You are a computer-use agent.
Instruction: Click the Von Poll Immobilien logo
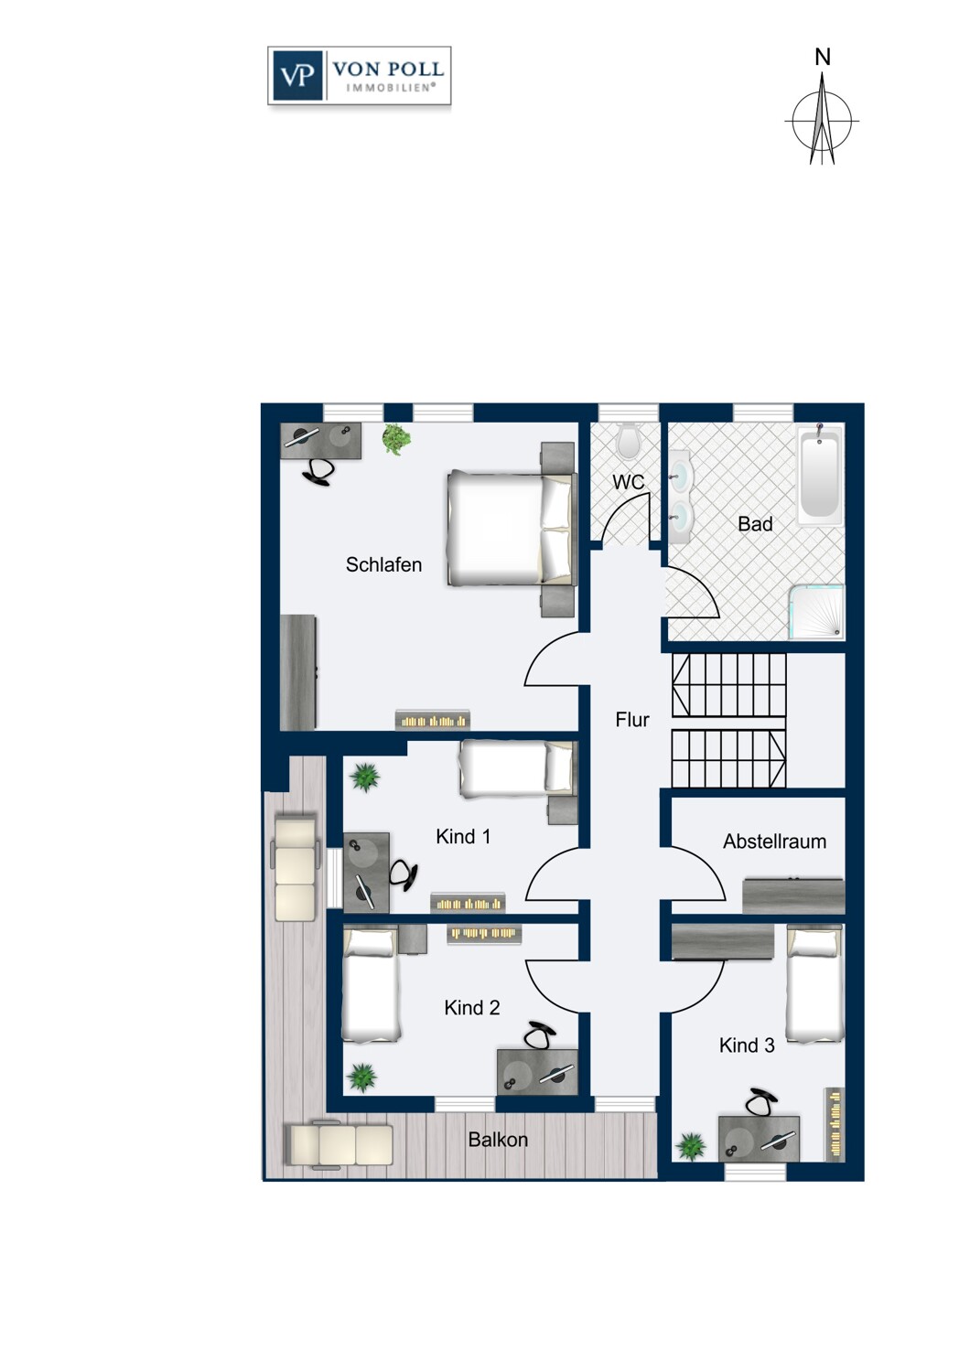(359, 75)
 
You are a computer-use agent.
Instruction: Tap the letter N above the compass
(823, 58)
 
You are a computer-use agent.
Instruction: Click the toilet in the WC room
(629, 441)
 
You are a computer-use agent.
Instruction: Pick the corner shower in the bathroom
(816, 612)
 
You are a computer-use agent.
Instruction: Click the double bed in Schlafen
(512, 528)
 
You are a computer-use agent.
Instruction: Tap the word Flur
(631, 720)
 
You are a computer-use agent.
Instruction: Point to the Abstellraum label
(774, 841)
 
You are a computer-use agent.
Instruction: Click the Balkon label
(498, 1140)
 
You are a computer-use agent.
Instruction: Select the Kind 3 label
(747, 1045)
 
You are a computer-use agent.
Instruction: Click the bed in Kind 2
(370, 983)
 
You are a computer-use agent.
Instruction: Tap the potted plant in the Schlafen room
(396, 439)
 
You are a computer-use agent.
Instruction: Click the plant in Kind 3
(691, 1146)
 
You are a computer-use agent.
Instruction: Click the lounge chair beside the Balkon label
(339, 1144)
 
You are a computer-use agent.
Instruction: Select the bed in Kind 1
(518, 768)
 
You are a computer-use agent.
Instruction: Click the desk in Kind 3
(759, 1139)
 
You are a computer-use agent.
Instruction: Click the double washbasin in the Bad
(679, 498)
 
